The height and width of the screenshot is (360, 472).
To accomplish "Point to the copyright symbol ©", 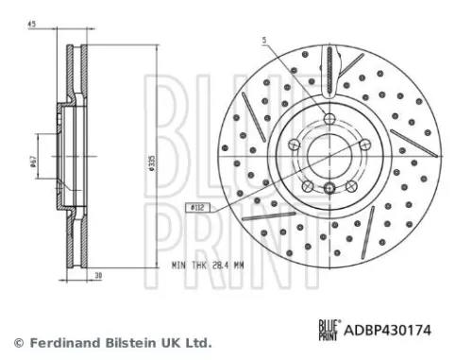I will pos(17,342).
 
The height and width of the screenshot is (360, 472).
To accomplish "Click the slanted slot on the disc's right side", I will pos(410,142).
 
